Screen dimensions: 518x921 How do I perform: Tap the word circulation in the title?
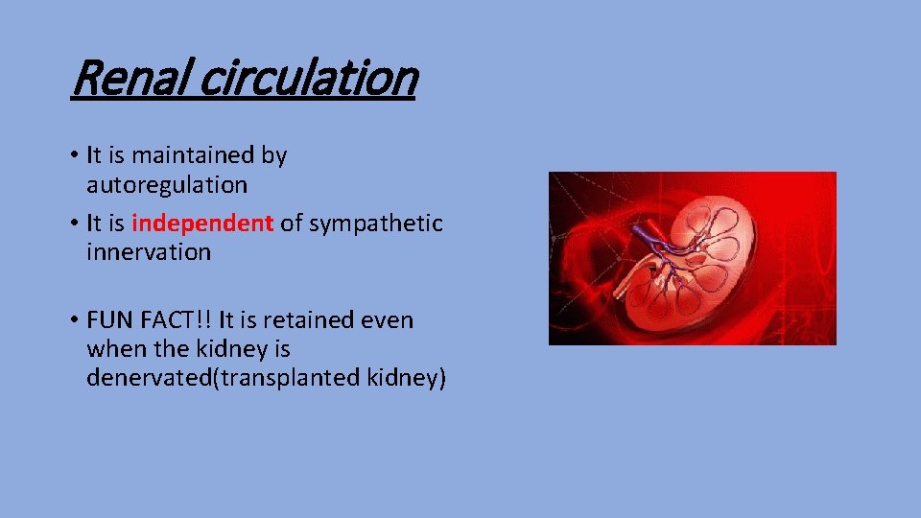tap(309, 79)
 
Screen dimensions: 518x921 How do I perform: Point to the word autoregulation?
tap(167, 183)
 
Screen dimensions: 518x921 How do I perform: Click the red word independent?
tap(202, 224)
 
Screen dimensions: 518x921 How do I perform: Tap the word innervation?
tap(148, 252)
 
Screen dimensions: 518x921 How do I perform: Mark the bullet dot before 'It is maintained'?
tap(74, 155)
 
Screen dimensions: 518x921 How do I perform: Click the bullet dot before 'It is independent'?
tap(74, 224)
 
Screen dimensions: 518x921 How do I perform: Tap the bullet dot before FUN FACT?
tap(74, 320)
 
